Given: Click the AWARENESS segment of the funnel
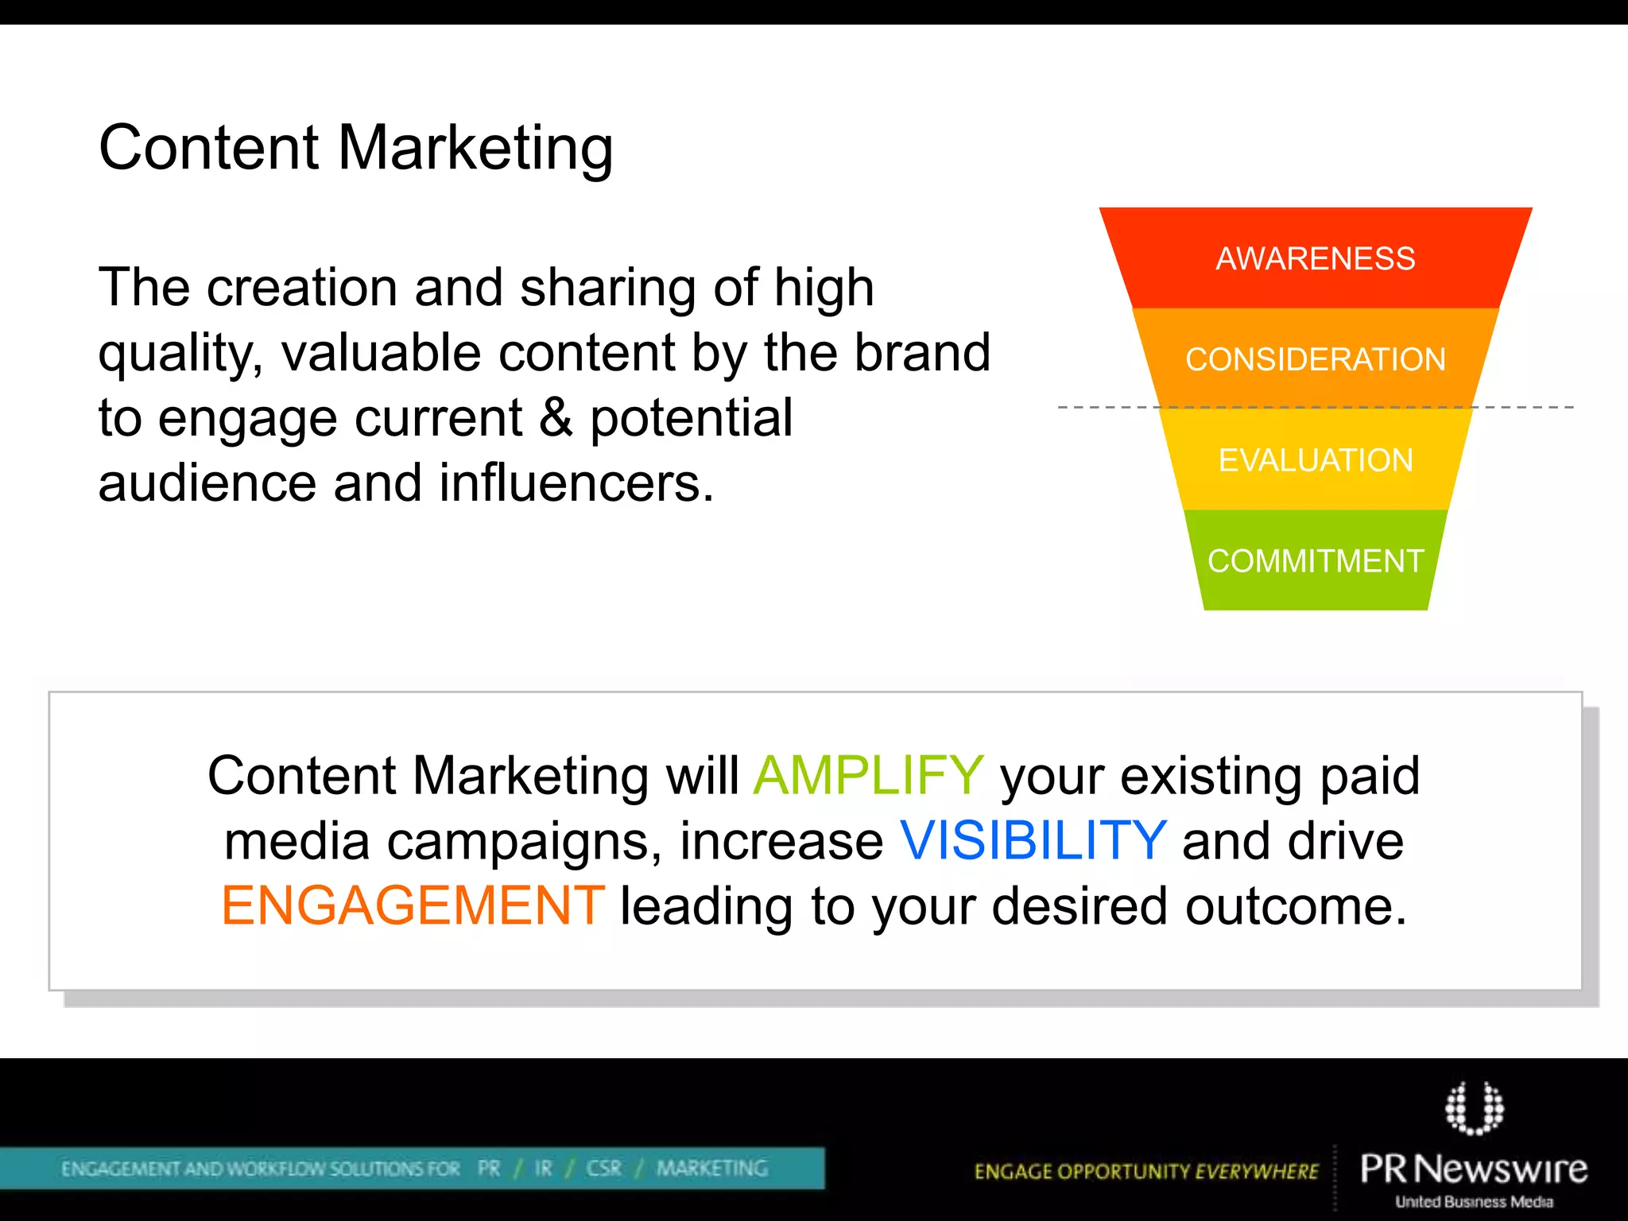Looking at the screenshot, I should [1315, 259].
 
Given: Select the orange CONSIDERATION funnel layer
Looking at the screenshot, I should [1315, 359].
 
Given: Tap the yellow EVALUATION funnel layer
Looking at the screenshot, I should [1315, 460].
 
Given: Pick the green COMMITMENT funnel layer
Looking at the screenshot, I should [1315, 561].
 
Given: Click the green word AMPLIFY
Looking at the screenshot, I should [868, 776].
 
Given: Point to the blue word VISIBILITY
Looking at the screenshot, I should [1033, 841].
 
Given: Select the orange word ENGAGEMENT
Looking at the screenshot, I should [413, 906].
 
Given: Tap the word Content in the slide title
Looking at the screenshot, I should [209, 149].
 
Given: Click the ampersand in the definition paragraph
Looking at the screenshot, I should [556, 418].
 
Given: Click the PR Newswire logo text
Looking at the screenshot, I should [1473, 1169].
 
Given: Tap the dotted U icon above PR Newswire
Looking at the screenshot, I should [1474, 1107].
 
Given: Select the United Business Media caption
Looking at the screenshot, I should [1474, 1202].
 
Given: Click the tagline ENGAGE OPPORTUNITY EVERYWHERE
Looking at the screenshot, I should [1145, 1171].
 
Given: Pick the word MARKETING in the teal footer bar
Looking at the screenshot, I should [712, 1168].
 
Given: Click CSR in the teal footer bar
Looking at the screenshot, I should [603, 1168].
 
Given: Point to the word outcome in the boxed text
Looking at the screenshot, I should [1295, 906].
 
